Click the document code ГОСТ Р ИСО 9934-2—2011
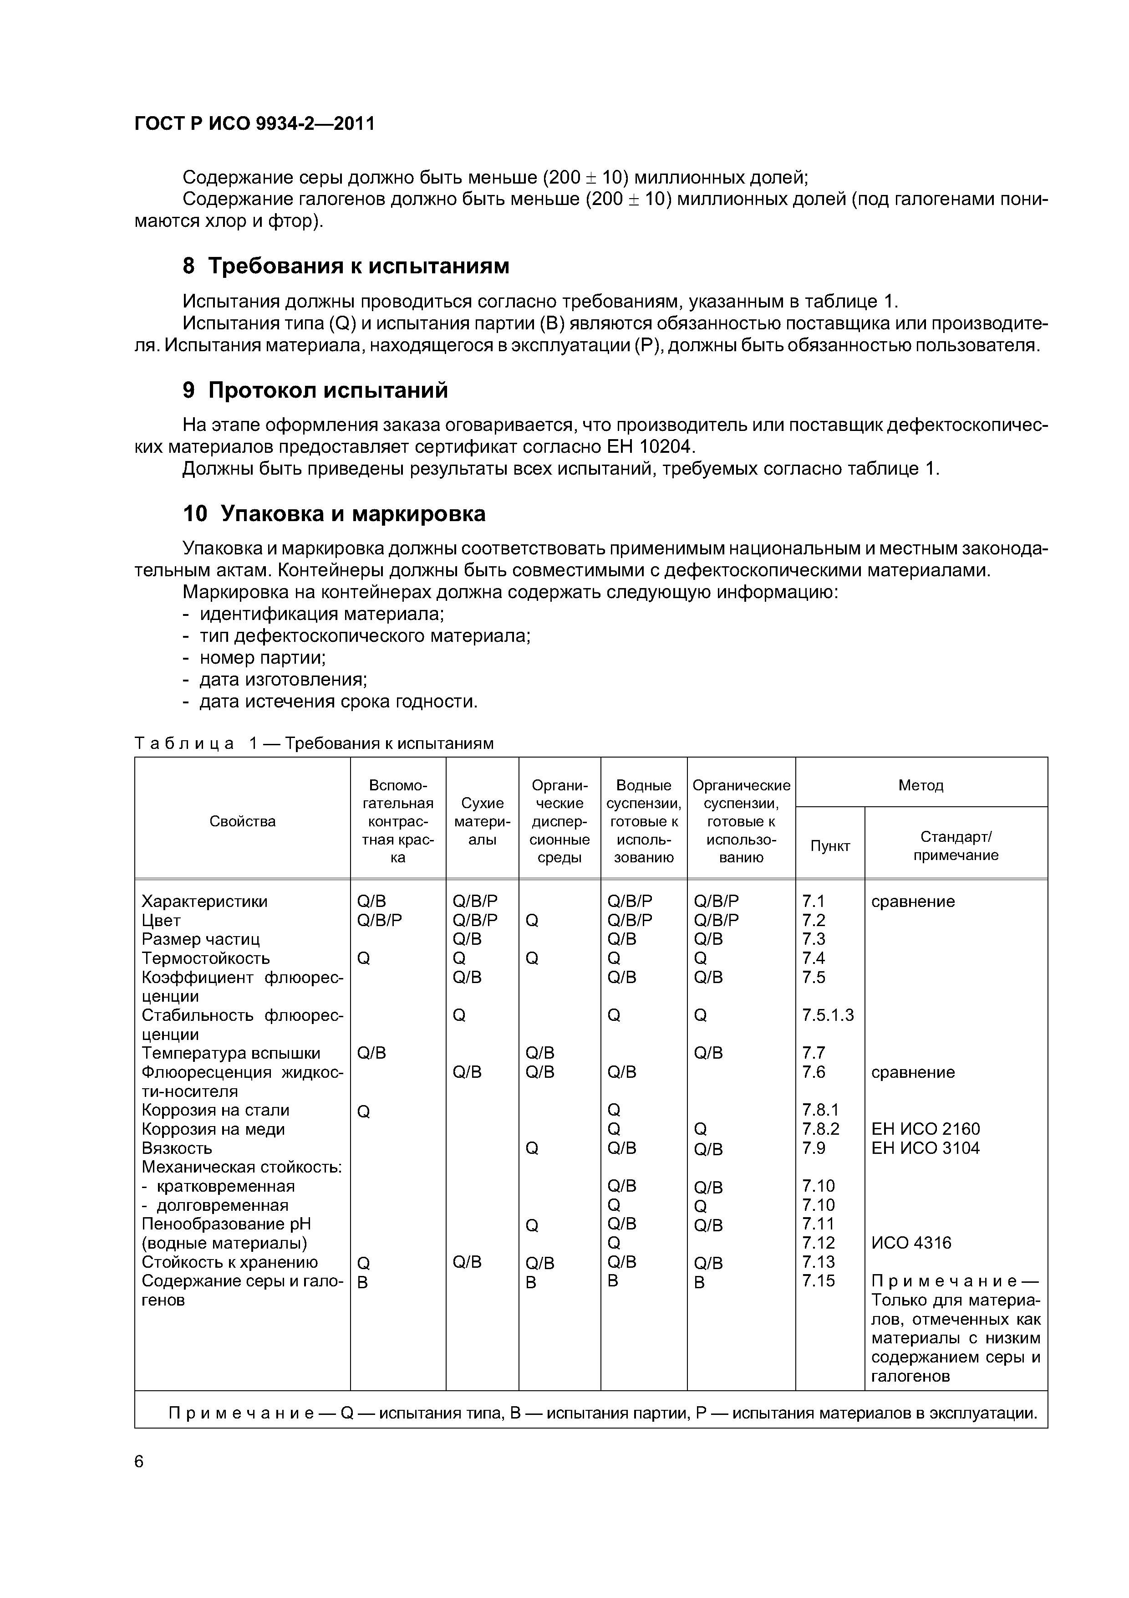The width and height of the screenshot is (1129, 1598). point(254,124)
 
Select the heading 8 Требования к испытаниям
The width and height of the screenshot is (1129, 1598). point(346,266)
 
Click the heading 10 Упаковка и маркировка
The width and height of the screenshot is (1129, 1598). point(334,514)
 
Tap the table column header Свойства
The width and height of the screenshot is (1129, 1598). point(242,821)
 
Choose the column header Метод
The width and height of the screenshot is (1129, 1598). point(920,785)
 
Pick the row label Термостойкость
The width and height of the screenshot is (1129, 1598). point(205,958)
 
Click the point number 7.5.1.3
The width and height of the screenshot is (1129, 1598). point(827,1015)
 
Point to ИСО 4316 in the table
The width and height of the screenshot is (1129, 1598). point(910,1243)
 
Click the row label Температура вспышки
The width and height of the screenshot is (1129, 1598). point(230,1053)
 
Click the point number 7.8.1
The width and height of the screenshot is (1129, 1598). point(820,1110)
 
